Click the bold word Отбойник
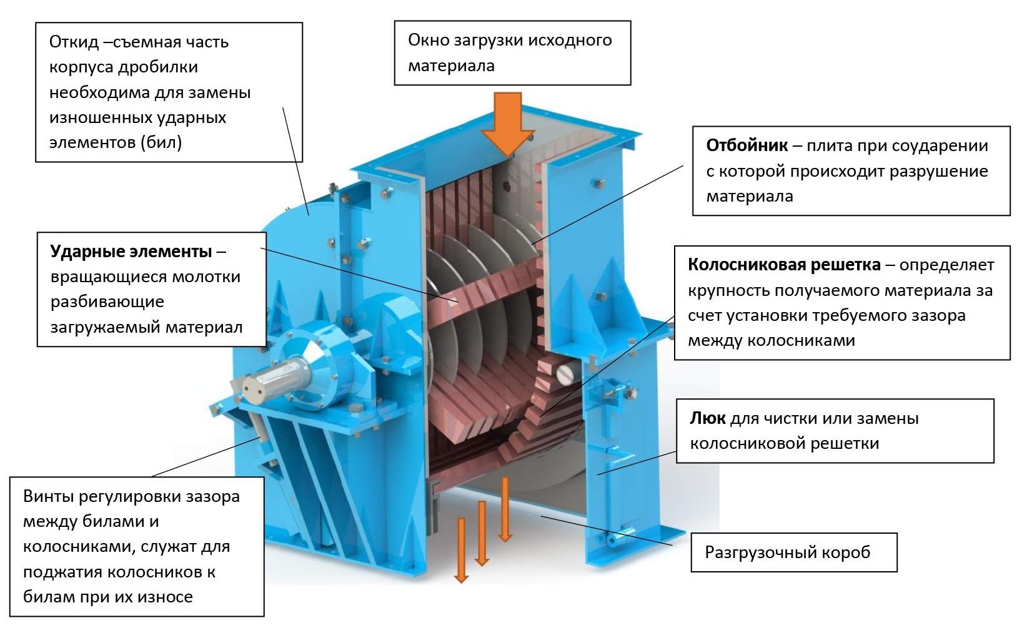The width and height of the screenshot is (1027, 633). point(747,145)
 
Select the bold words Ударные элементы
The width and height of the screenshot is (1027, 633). point(131,251)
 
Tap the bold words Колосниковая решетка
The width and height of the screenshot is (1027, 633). point(784,265)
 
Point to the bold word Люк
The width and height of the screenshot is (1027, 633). point(707,418)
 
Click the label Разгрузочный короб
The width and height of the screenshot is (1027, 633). point(787,552)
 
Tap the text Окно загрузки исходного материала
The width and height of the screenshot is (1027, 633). point(510,52)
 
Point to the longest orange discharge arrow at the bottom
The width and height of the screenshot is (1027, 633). point(461,549)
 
